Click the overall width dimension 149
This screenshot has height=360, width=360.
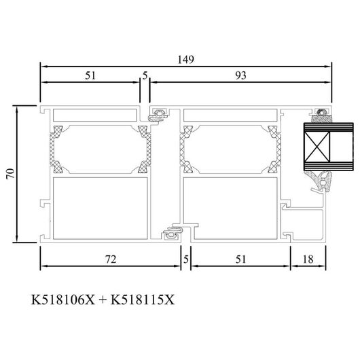185,60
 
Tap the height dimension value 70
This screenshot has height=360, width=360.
10,174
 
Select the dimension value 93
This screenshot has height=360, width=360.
240,75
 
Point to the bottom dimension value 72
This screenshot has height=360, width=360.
111,259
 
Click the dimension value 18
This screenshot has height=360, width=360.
308,259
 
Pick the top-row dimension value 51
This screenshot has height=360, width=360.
90,75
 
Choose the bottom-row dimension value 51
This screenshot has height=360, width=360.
241,259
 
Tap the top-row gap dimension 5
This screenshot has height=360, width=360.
145,75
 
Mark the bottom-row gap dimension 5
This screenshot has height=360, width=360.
186,259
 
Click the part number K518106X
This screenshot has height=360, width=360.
63,300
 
